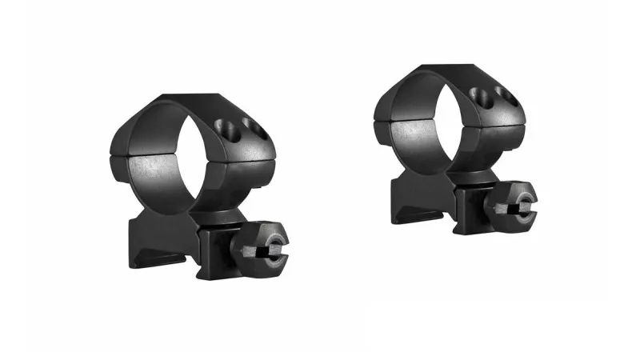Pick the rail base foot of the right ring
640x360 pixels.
(x=420, y=206)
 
